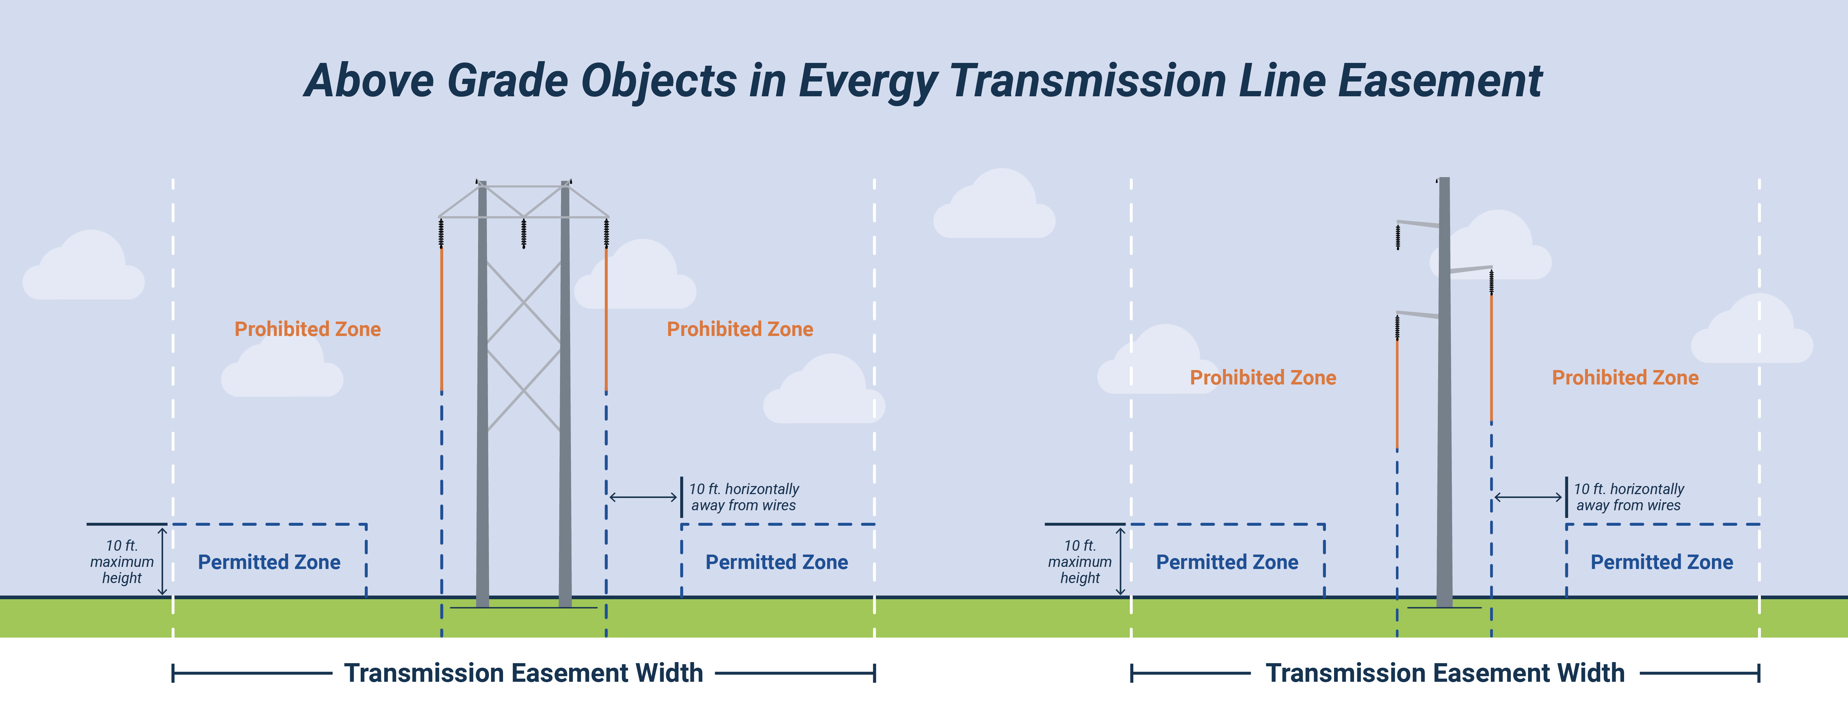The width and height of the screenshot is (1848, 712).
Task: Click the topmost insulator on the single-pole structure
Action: [1397, 237]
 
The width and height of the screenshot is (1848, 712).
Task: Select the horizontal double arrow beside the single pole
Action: [1528, 497]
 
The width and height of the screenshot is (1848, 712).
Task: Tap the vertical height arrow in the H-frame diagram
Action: [162, 562]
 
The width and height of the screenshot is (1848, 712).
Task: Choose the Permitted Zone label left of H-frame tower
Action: [269, 562]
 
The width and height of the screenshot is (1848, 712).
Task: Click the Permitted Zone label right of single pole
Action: [1661, 562]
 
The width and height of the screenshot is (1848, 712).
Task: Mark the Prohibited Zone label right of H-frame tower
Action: [740, 329]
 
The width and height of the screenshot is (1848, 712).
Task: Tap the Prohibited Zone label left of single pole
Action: [1263, 378]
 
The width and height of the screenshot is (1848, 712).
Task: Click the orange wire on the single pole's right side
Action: [1492, 358]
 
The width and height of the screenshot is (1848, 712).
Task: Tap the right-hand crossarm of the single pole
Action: [1471, 270]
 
